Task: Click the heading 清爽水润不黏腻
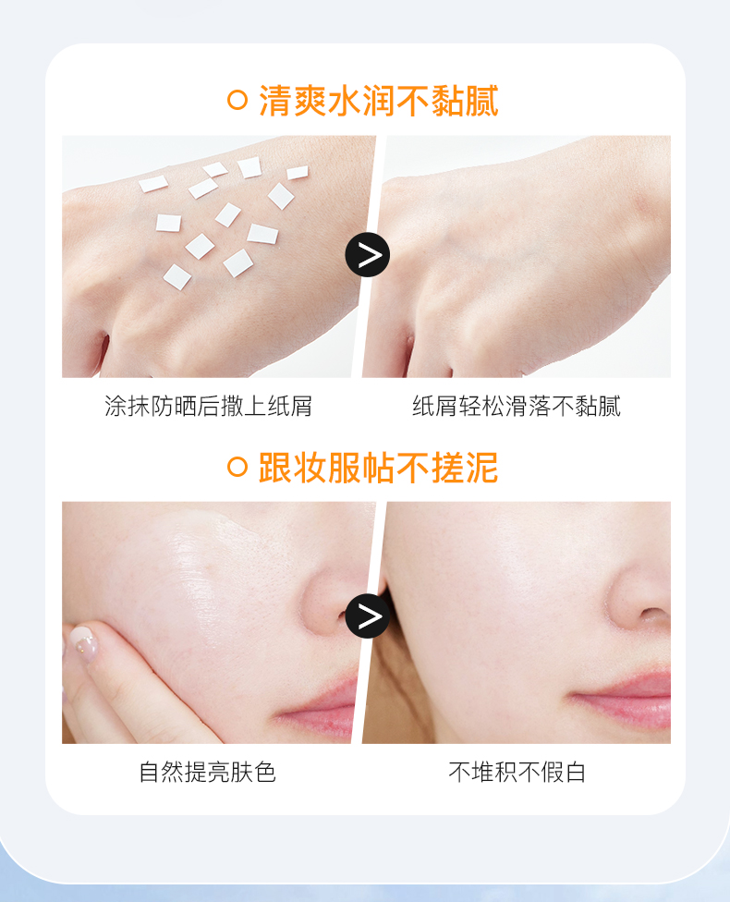point(379,101)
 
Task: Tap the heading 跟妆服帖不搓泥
point(379,467)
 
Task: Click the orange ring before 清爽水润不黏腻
point(237,100)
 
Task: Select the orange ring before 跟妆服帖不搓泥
point(237,467)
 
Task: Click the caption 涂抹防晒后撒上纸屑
point(208,406)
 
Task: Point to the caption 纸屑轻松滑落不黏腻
point(517,406)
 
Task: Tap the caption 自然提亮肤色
point(208,772)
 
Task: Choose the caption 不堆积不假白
point(517,772)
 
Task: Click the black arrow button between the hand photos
point(368,255)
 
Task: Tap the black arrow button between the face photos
point(368,616)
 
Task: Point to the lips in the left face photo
point(320,704)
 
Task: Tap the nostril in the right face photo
point(654,615)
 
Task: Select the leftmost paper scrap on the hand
point(153,184)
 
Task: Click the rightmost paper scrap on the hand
point(298,172)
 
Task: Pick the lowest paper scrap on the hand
point(177,277)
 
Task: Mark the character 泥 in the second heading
point(482,467)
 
